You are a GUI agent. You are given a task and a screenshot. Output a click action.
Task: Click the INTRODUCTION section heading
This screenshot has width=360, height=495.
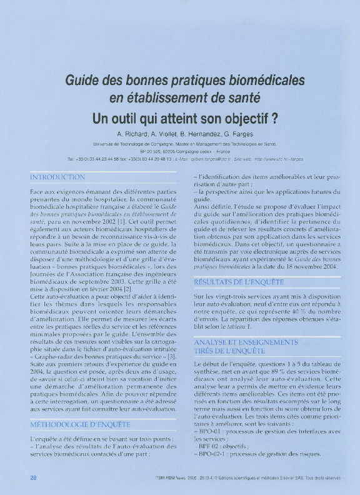57,177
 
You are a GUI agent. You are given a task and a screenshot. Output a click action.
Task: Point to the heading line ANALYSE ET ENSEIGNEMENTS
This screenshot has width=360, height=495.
246,342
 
